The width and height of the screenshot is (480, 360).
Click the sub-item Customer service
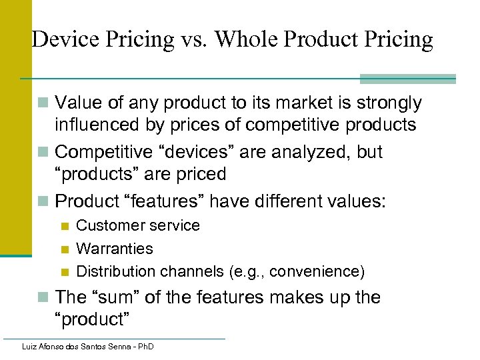click(137, 225)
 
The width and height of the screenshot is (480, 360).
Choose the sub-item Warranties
click(114, 249)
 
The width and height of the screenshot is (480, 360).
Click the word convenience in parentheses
click(318, 271)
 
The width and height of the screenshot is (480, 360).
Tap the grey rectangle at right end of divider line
click(407, 79)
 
